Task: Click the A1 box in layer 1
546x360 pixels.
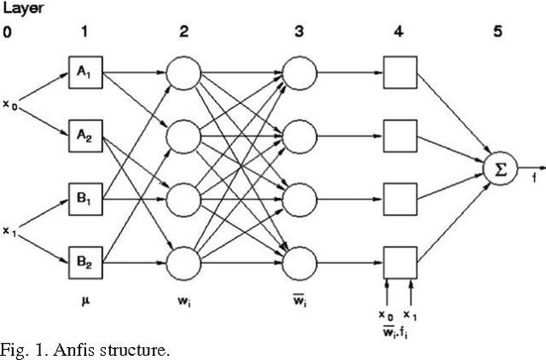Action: [x=85, y=72]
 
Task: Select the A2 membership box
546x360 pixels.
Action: [x=85, y=132]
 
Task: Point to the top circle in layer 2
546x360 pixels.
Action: [x=184, y=72]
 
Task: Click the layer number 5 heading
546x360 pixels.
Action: [x=497, y=32]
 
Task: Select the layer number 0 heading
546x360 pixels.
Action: [x=7, y=32]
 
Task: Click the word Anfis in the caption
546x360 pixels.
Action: [x=76, y=351]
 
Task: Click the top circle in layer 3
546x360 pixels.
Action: [x=299, y=72]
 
